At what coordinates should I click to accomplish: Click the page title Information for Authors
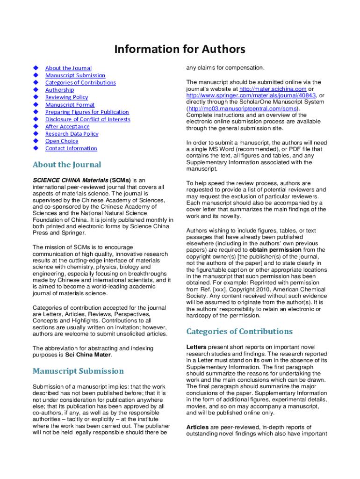pyautogui.click(x=180, y=49)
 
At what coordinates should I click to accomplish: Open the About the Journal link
pyautogui.click(x=68, y=68)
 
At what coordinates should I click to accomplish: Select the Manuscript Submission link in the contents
pyautogui.click(x=75, y=75)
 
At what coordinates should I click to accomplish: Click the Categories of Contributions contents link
pyautogui.click(x=80, y=83)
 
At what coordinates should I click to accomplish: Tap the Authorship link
pyautogui.click(x=59, y=90)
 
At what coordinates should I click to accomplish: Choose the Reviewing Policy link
pyautogui.click(x=66, y=97)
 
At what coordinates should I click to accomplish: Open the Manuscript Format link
pyautogui.click(x=70, y=105)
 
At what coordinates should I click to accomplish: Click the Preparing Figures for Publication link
pyautogui.click(x=87, y=112)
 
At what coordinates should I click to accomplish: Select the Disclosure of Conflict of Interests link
pyautogui.click(x=87, y=119)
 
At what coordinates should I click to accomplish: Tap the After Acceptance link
pyautogui.click(x=67, y=126)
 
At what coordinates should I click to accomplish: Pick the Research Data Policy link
pyautogui.click(x=72, y=134)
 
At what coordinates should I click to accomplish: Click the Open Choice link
pyautogui.click(x=62, y=141)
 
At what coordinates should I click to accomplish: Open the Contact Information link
pyautogui.click(x=71, y=148)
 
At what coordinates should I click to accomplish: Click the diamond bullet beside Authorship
pyautogui.click(x=35, y=90)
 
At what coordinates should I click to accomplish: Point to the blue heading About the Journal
pyautogui.click(x=66, y=165)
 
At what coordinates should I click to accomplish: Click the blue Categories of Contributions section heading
pyautogui.click(x=239, y=332)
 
